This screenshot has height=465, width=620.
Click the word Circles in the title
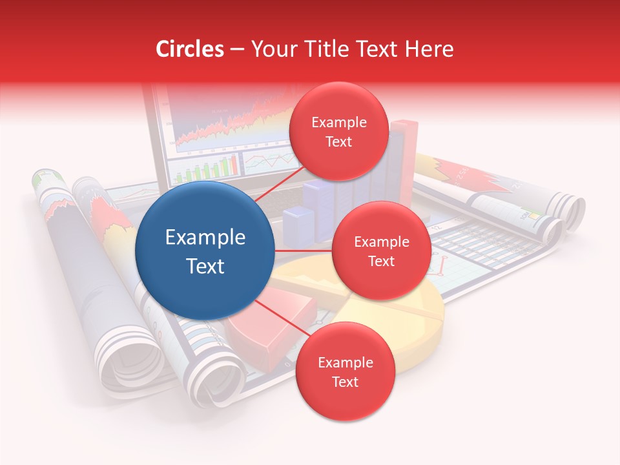click(x=190, y=49)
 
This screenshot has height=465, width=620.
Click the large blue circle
click(x=205, y=250)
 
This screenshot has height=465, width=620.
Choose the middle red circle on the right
click(x=381, y=251)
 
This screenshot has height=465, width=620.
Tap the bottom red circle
click(x=345, y=371)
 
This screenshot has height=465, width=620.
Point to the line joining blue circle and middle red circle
click(x=304, y=251)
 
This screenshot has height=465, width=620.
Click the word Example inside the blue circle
click(x=205, y=238)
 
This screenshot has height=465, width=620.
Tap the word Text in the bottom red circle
click(x=345, y=382)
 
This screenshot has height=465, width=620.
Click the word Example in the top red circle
click(x=339, y=123)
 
